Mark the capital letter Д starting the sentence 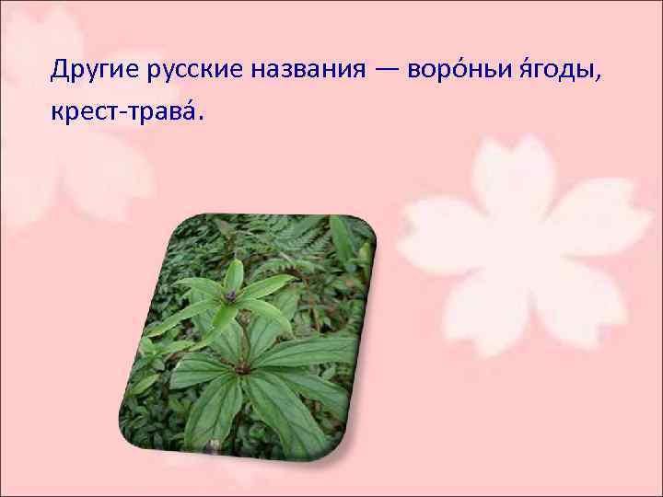coord(60,70)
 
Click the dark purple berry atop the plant coord(230,295)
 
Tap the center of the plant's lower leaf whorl coord(241,366)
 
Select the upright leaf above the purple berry coord(235,275)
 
